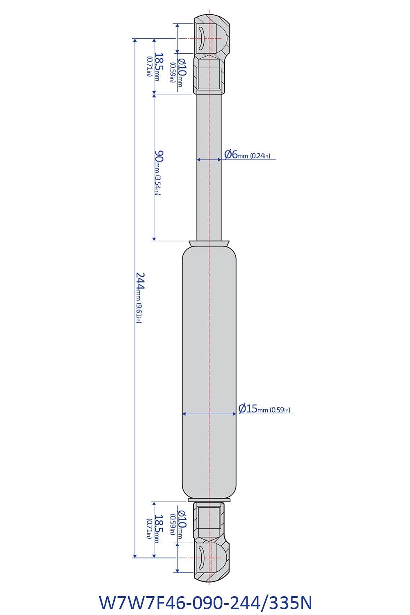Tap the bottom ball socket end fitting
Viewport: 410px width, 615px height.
tap(211, 560)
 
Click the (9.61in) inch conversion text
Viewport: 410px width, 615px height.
tap(139, 313)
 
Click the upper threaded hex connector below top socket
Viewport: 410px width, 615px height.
tap(209, 76)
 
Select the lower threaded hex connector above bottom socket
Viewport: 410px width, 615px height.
tap(209, 521)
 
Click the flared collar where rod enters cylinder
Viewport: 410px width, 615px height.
tap(209, 244)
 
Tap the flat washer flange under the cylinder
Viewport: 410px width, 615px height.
tap(209, 500)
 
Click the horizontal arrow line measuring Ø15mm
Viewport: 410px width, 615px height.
tap(209, 414)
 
